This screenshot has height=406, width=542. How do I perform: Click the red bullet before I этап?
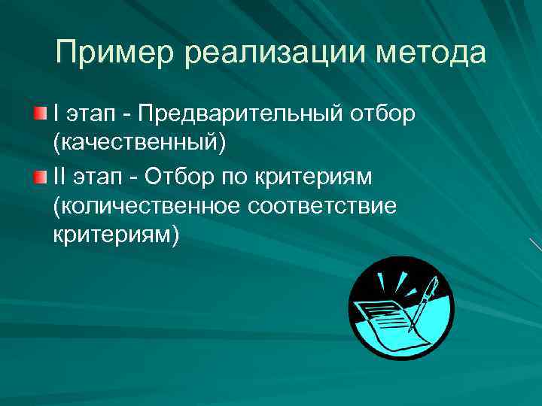click(x=40, y=114)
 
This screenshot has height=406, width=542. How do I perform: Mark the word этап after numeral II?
click(x=102, y=177)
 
